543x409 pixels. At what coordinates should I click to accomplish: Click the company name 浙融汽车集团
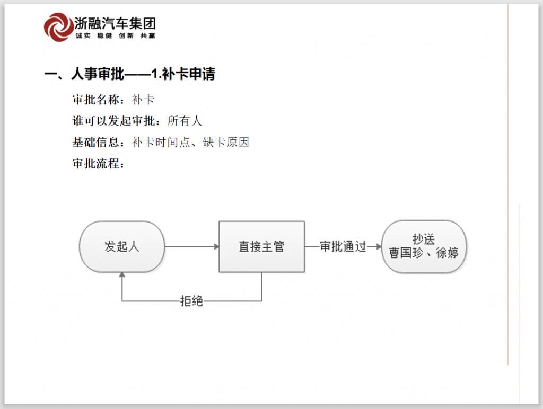[115, 23]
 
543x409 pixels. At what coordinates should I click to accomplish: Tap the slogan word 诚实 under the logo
[83, 35]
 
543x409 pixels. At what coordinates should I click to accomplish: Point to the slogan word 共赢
[148, 35]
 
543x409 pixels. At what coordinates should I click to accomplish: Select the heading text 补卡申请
[188, 74]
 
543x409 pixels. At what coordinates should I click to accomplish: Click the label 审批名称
[96, 100]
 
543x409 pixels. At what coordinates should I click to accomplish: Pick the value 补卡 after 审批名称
[143, 100]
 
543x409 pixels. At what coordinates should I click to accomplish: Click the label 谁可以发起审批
[113, 121]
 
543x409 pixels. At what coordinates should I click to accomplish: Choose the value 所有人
[185, 121]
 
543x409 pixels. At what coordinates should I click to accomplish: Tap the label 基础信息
[96, 142]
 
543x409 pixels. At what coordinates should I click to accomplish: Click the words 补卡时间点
[161, 142]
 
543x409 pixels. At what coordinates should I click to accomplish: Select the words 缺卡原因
[226, 142]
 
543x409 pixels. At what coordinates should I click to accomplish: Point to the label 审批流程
[96, 163]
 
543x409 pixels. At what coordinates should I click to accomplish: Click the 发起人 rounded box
[122, 247]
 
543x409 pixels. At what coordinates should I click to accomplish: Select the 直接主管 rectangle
[262, 247]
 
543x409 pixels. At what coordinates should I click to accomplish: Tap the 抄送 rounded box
[424, 247]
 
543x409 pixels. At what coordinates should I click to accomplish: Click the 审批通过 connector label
[343, 247]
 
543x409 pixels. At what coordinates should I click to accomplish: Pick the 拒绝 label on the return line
[191, 301]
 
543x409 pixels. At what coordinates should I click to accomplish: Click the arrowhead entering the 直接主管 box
[217, 247]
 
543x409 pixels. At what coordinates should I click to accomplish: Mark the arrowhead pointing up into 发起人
[122, 275]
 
